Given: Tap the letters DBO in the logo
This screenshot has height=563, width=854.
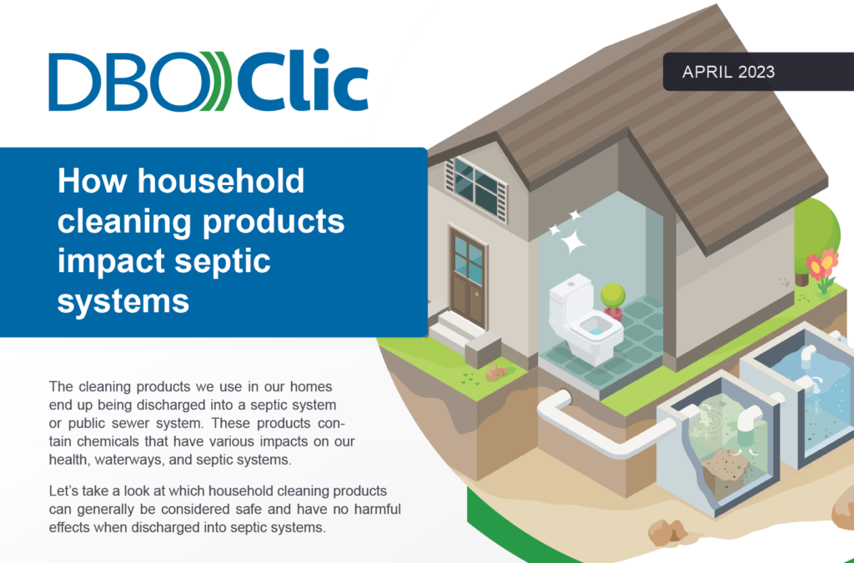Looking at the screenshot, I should coord(125,83).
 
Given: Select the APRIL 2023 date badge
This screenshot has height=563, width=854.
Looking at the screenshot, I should coord(728,72).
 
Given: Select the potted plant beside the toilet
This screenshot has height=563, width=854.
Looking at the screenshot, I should coord(613,299).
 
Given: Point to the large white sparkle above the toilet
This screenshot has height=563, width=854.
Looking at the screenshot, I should coord(572,243).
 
